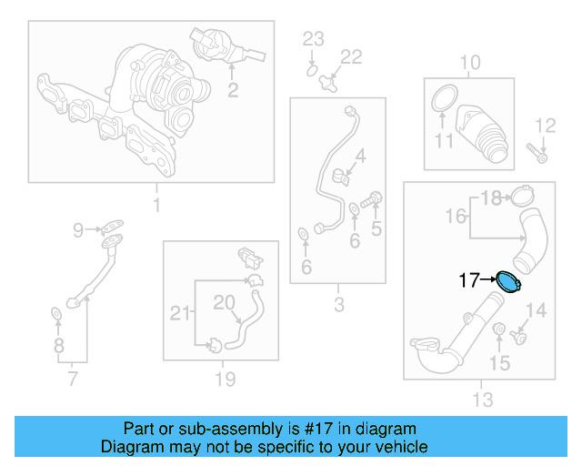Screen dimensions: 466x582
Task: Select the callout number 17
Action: pos(468,281)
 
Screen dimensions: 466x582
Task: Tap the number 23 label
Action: pos(313,38)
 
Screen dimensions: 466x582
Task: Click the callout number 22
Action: pos(351,56)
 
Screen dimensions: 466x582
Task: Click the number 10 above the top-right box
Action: pos(469,63)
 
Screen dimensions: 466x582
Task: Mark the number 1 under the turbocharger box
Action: pos(156,206)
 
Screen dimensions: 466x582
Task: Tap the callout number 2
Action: pos(233,89)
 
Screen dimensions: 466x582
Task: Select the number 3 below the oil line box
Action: pos(338,305)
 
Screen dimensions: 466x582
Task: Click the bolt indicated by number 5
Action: pos(373,199)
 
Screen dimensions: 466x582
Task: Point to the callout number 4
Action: pos(361,157)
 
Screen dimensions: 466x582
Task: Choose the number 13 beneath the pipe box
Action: pos(482,400)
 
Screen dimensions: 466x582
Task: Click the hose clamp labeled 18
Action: pos(522,196)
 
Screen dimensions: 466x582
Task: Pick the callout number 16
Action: pos(456,216)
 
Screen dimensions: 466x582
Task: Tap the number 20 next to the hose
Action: pos(224,300)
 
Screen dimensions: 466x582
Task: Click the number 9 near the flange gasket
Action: pos(78,229)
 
